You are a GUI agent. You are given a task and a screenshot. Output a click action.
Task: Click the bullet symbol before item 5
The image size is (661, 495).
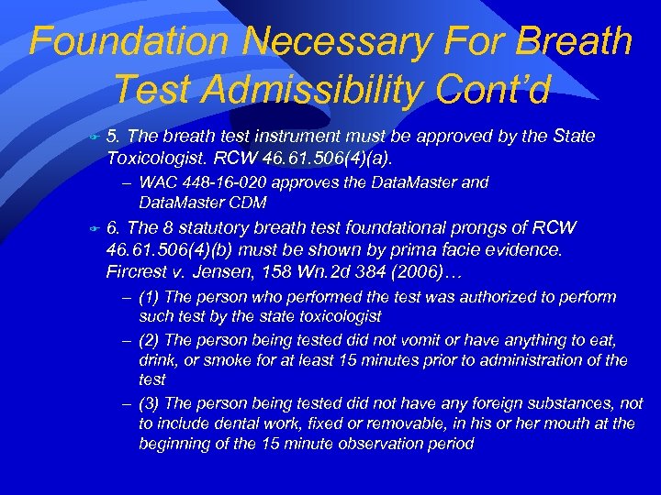[92, 137]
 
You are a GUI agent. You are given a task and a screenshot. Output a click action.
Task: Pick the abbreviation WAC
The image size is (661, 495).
[157, 182]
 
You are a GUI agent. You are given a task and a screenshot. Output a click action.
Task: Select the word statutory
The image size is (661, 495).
[222, 227]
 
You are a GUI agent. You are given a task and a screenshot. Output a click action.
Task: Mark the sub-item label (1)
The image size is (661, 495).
[151, 297]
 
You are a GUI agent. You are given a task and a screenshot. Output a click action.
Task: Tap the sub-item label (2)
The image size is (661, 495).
[151, 338]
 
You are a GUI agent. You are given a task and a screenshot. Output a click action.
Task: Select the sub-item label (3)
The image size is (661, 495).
[151, 402]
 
